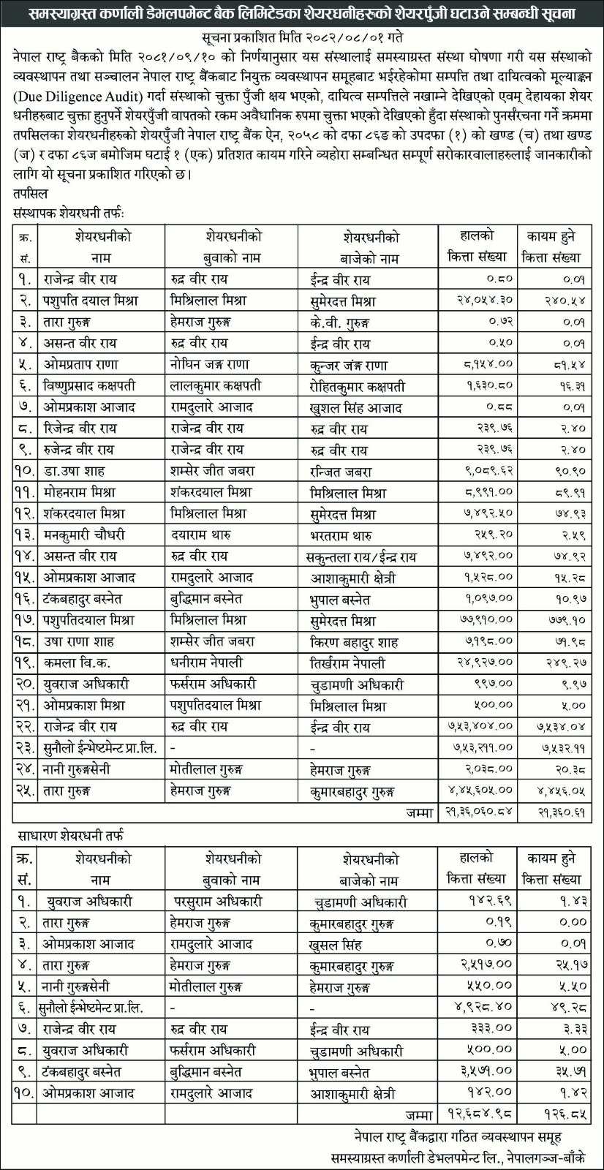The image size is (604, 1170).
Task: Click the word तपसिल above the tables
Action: tap(30, 194)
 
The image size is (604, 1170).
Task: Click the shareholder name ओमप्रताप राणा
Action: tap(80, 364)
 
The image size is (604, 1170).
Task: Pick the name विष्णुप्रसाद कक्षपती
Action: tap(89, 385)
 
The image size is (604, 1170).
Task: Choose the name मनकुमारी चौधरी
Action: tap(84, 535)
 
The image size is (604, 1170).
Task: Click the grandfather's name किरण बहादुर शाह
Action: tap(354, 642)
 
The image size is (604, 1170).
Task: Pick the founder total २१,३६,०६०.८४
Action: tap(475, 812)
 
